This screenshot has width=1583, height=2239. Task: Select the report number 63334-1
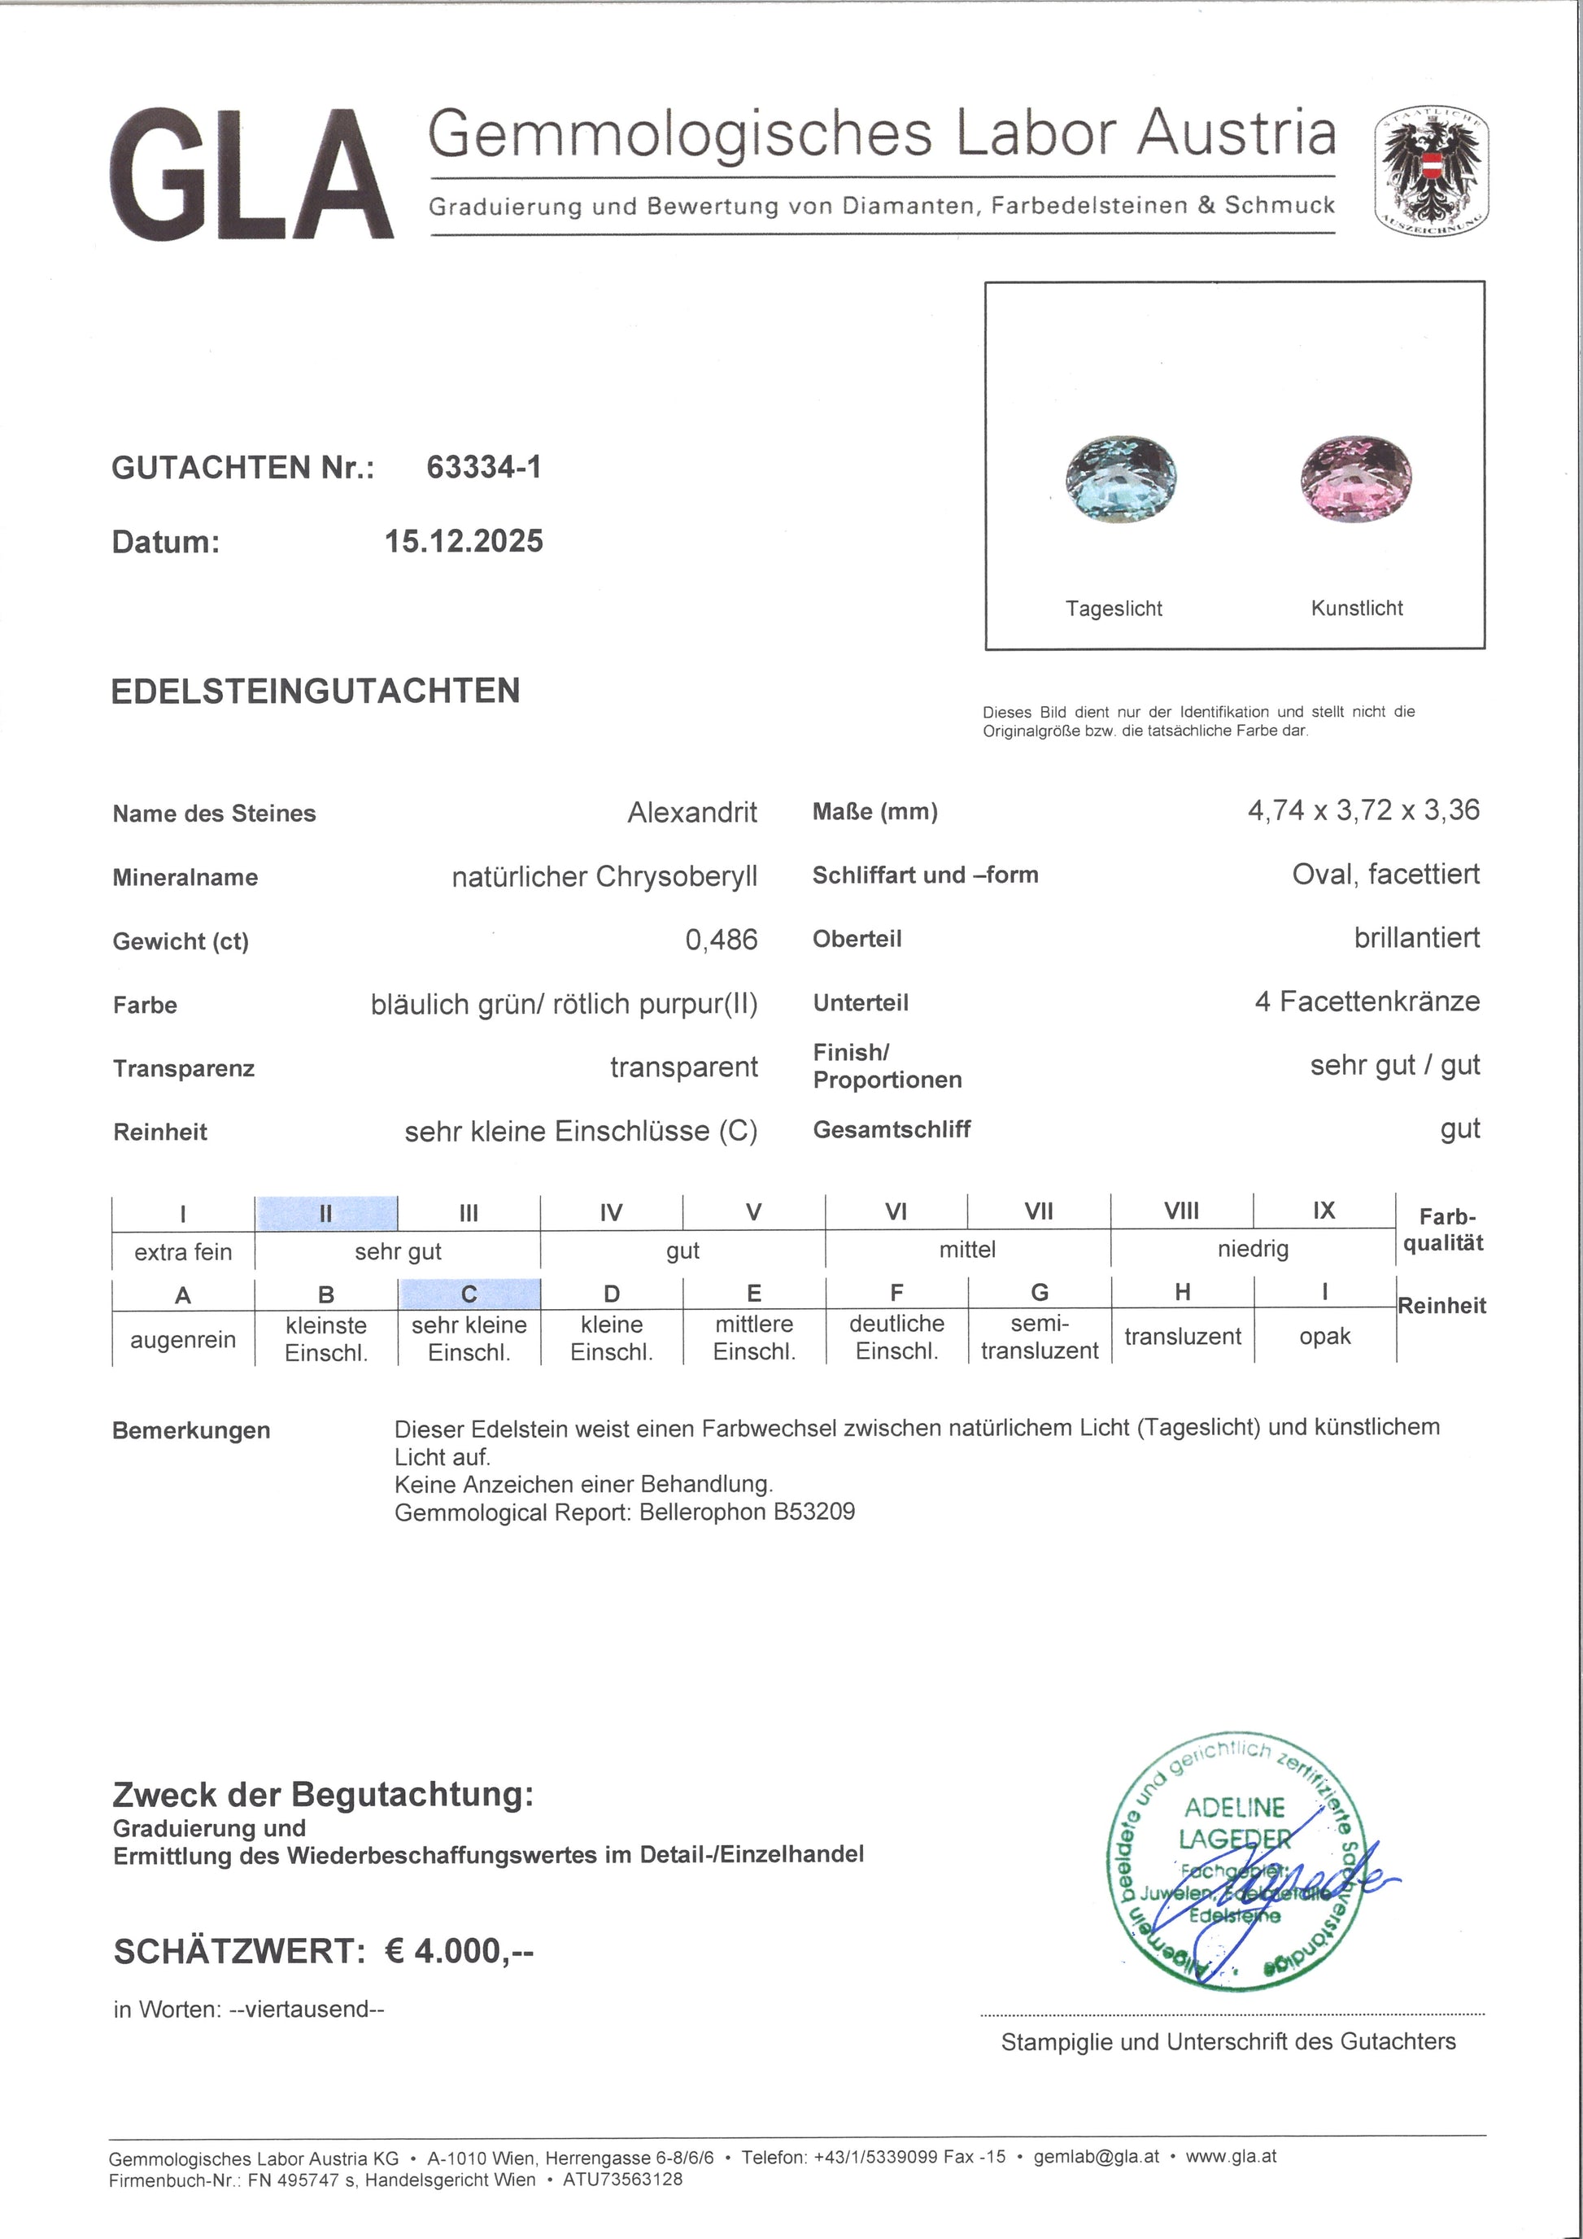(483, 467)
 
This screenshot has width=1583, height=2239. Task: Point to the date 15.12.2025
(464, 541)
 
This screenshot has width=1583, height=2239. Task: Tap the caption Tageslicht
(1113, 609)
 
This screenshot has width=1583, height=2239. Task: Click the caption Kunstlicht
(1357, 609)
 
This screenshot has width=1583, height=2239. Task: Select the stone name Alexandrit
(692, 812)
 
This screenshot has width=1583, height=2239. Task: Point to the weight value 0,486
(722, 940)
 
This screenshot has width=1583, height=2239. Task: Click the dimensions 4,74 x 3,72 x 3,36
(1363, 810)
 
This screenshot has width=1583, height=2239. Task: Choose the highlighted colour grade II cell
(325, 1214)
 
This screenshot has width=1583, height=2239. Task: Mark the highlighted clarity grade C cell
(469, 1294)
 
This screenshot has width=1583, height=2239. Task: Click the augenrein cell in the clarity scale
(183, 1340)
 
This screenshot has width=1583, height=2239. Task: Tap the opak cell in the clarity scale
(1324, 1337)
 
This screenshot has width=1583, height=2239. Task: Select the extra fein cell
(183, 1252)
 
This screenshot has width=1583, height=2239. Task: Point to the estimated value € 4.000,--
(459, 1951)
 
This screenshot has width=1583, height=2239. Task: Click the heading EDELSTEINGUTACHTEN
(316, 692)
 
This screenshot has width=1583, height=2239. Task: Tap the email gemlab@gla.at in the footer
(1097, 2156)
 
